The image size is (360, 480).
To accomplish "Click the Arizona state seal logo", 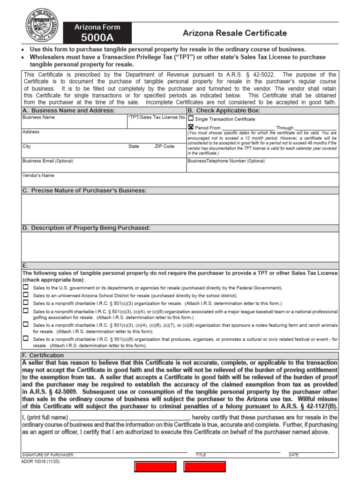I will pos(42,25).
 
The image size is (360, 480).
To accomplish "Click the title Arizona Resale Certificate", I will pos(234,33).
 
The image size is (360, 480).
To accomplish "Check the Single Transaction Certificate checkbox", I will pos(191,119).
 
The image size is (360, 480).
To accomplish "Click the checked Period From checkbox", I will pos(191,127).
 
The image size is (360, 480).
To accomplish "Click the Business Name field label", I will pos(39,117).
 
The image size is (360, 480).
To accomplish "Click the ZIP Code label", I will pos(165,146).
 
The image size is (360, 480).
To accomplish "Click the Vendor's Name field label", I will pos(38,175).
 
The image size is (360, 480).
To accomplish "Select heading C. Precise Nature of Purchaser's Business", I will pos(84,190).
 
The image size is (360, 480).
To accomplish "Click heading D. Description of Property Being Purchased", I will pos(86,228).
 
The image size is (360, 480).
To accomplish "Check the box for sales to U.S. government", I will pos(26,287).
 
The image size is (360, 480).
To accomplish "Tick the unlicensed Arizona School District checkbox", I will pos(26,295).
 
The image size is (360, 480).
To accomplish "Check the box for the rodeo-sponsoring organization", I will pos(26,324).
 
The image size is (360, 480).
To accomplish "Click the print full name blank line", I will pos(129,417).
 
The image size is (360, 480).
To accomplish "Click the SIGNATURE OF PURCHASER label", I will pos(48,455).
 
